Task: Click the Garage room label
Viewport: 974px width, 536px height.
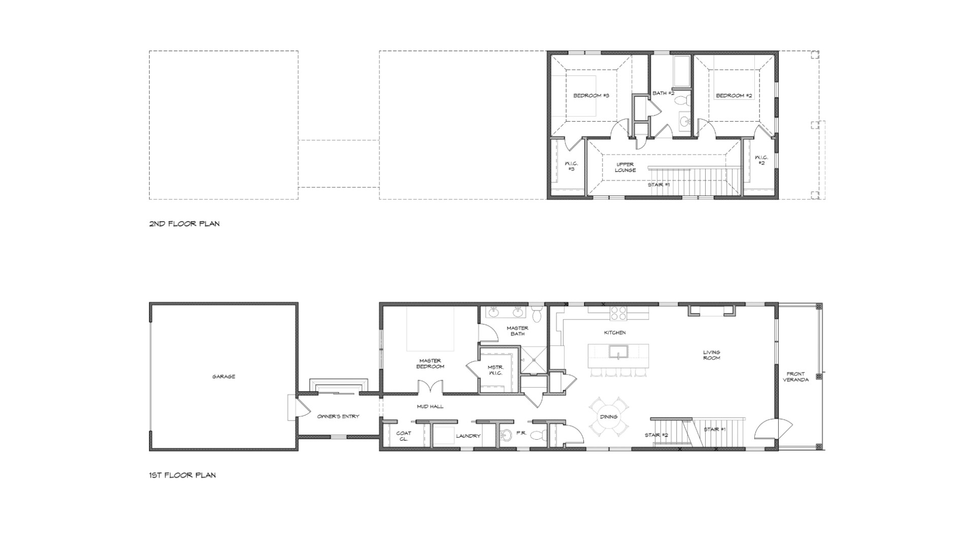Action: tap(224, 376)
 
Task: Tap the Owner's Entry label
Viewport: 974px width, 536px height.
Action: tap(338, 416)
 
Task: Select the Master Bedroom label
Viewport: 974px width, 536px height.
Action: tap(430, 363)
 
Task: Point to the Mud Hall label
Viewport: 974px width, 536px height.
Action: tap(430, 406)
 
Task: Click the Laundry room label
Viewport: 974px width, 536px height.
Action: tap(468, 436)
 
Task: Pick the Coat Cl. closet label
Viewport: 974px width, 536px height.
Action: tap(404, 436)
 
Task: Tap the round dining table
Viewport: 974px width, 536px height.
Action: tap(609, 416)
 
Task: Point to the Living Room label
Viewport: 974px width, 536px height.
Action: tap(711, 355)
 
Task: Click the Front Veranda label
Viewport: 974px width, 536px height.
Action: tap(795, 377)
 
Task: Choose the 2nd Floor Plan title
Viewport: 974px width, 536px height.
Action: tap(184, 223)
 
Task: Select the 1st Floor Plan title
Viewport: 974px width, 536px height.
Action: tap(182, 475)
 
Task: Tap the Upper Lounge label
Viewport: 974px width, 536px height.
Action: tap(625, 167)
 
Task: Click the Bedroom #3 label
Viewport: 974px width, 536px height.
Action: tap(591, 95)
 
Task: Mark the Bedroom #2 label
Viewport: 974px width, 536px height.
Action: tap(734, 95)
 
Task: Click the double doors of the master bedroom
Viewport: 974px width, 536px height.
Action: tap(430, 387)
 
